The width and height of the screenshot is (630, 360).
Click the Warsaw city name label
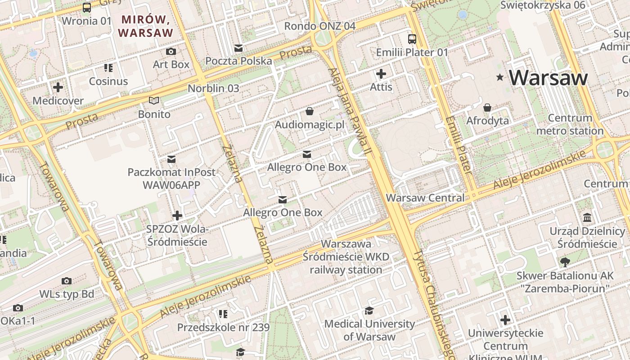(x=548, y=78)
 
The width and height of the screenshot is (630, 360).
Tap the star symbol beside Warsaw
(x=499, y=78)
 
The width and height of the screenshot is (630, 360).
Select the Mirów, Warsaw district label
(x=145, y=26)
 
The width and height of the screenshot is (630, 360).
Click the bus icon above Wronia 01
(x=86, y=8)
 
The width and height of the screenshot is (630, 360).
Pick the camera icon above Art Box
(x=171, y=51)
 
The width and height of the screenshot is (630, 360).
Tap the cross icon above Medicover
(x=58, y=87)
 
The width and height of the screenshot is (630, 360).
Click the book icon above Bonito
(x=154, y=101)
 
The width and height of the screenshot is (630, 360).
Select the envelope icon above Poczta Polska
(x=238, y=48)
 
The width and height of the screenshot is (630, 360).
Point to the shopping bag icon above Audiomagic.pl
(x=310, y=111)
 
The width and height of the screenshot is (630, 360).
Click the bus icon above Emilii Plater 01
(x=412, y=39)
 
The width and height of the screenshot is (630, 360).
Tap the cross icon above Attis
(x=381, y=74)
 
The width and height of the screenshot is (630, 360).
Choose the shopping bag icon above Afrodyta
(x=487, y=108)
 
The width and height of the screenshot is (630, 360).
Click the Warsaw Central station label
(x=425, y=198)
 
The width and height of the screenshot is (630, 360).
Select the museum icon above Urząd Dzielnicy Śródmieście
(x=587, y=218)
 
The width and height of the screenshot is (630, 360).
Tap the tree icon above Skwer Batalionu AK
(x=565, y=262)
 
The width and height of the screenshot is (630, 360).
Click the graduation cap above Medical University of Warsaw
(x=369, y=310)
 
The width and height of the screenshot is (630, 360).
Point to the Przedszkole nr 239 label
(x=223, y=327)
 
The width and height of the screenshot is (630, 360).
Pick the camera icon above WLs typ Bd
(x=67, y=281)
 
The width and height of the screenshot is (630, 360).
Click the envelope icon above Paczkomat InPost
(x=171, y=159)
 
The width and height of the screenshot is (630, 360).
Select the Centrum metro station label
(x=570, y=125)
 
